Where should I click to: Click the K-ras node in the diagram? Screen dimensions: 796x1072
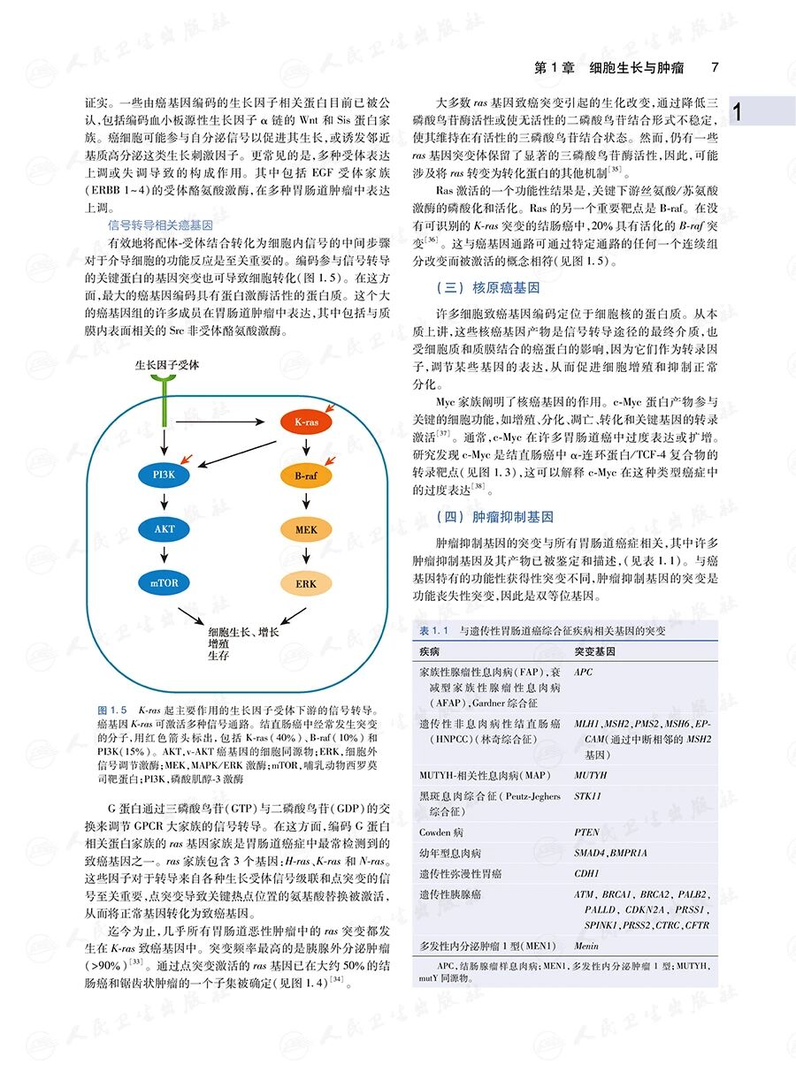pyautogui.click(x=305, y=422)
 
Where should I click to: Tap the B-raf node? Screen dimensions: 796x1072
pyautogui.click(x=305, y=476)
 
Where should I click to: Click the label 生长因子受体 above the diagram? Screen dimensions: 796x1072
pyautogui.click(x=166, y=364)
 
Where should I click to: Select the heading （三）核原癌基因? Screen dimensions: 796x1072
pyautogui.click(x=488, y=288)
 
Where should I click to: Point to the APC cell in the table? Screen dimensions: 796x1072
pyautogui.click(x=584, y=673)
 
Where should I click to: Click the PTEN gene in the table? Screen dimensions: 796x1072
pyautogui.click(x=586, y=832)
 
